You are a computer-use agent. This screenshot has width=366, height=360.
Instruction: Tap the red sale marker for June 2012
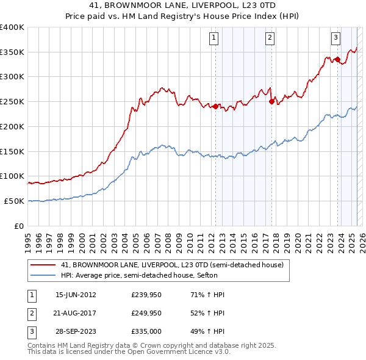[215, 106]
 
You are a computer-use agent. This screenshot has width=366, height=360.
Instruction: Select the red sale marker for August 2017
[271, 102]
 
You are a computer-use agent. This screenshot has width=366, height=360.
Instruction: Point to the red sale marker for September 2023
[337, 59]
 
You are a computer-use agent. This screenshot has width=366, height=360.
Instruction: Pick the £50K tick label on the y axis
[14, 201]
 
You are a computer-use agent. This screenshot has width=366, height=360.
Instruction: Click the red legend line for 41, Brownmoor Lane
[45, 265]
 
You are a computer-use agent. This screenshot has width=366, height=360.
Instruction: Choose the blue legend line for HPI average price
[45, 275]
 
